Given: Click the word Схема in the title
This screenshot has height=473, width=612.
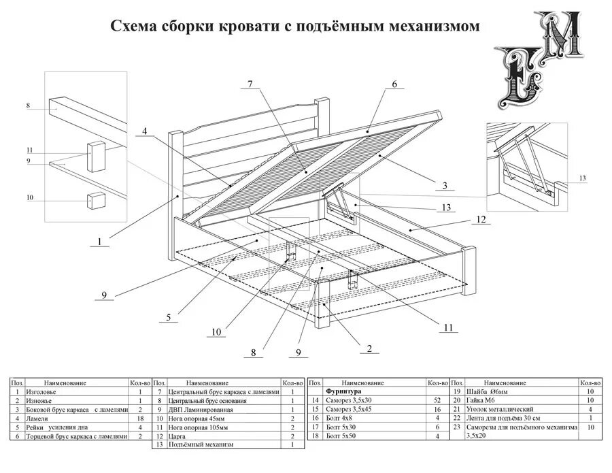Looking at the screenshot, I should click(x=134, y=27).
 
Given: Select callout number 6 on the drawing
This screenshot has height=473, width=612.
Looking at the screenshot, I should click(x=394, y=84).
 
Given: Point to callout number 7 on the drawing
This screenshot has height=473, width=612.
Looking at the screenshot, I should click(x=250, y=84).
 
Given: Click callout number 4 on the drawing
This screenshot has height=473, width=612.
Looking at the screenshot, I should click(x=144, y=131).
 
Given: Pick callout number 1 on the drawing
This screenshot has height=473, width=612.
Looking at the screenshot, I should click(x=99, y=241).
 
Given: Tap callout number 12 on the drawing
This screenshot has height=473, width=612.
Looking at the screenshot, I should click(x=481, y=220).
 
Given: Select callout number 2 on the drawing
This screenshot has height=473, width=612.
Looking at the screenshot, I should click(x=369, y=348).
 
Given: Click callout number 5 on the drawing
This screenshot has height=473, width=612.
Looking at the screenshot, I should click(x=168, y=316).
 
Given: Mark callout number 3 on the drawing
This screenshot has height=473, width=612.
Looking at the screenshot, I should click(x=444, y=185).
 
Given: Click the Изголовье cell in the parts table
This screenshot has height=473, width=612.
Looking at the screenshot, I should click(x=37, y=392).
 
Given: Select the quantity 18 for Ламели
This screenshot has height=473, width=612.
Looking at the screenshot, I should click(x=139, y=419).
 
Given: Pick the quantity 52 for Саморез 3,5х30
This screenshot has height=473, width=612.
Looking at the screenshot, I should click(x=437, y=401).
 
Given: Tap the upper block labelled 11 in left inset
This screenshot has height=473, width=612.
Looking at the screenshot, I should click(x=95, y=154).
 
